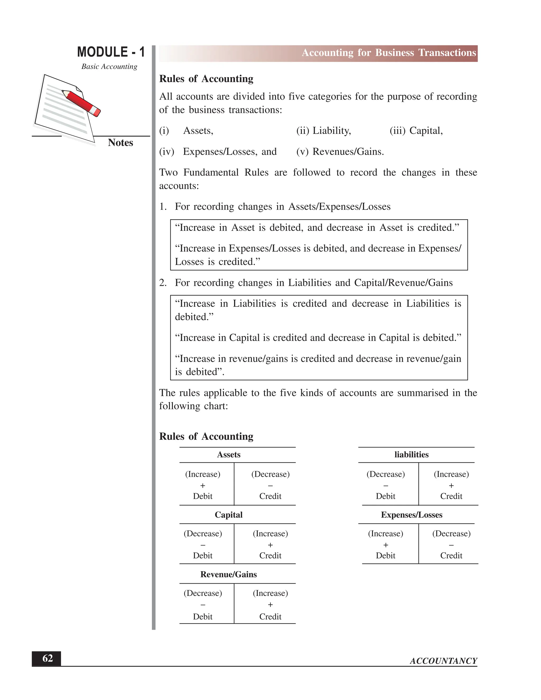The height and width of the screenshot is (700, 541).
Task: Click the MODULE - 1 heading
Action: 111,52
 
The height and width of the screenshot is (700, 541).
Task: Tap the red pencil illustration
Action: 81,103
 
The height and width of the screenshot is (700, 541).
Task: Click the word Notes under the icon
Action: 120,143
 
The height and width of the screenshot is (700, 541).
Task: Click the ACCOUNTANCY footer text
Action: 443,661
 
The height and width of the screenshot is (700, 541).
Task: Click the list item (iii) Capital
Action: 416,131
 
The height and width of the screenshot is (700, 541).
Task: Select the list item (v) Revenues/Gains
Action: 340,152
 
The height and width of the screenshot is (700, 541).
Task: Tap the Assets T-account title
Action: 228,455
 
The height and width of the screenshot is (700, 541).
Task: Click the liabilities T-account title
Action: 411,455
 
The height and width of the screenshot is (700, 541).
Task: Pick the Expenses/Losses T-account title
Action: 412,515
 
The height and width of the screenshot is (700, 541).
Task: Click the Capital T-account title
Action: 228,515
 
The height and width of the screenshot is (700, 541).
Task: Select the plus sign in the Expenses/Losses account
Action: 386,545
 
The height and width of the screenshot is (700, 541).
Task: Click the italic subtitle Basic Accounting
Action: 109,67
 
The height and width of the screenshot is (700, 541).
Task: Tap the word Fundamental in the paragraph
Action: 211,172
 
